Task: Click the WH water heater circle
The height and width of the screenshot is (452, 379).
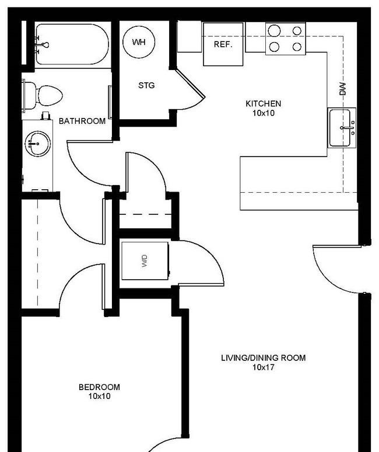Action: pos(139,42)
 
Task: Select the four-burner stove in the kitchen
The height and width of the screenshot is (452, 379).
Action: pos(285,38)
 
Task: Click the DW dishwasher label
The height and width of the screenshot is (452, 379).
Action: pos(342,89)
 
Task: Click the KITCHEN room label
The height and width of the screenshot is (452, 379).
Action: pos(263,104)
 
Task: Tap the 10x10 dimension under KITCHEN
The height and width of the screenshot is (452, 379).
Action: pos(263,113)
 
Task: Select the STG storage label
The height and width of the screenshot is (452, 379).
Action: pos(146,86)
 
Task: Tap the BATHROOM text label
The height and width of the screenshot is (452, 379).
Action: pos(82,121)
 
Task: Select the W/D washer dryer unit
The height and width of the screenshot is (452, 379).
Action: pos(145,261)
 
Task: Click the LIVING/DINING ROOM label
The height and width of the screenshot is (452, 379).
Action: pos(263,358)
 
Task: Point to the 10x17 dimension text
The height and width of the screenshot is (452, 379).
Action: pos(263,367)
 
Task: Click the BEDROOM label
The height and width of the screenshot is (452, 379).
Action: pos(99,387)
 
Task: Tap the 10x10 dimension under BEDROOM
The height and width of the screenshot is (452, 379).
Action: pos(99,397)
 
